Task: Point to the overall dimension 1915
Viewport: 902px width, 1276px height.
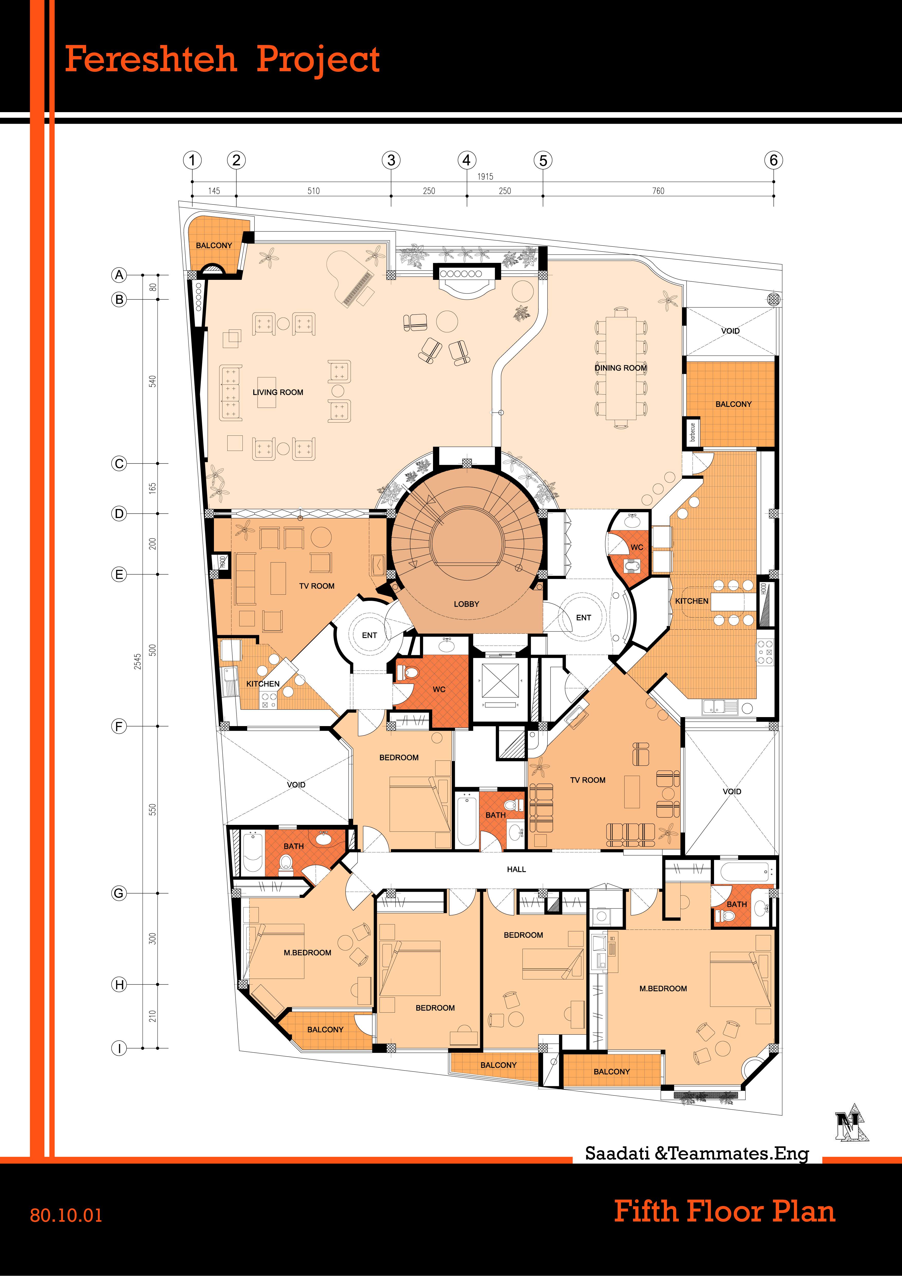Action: [x=485, y=176]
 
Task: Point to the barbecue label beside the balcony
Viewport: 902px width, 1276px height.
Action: [x=692, y=432]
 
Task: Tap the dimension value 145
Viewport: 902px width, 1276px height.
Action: [x=214, y=191]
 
